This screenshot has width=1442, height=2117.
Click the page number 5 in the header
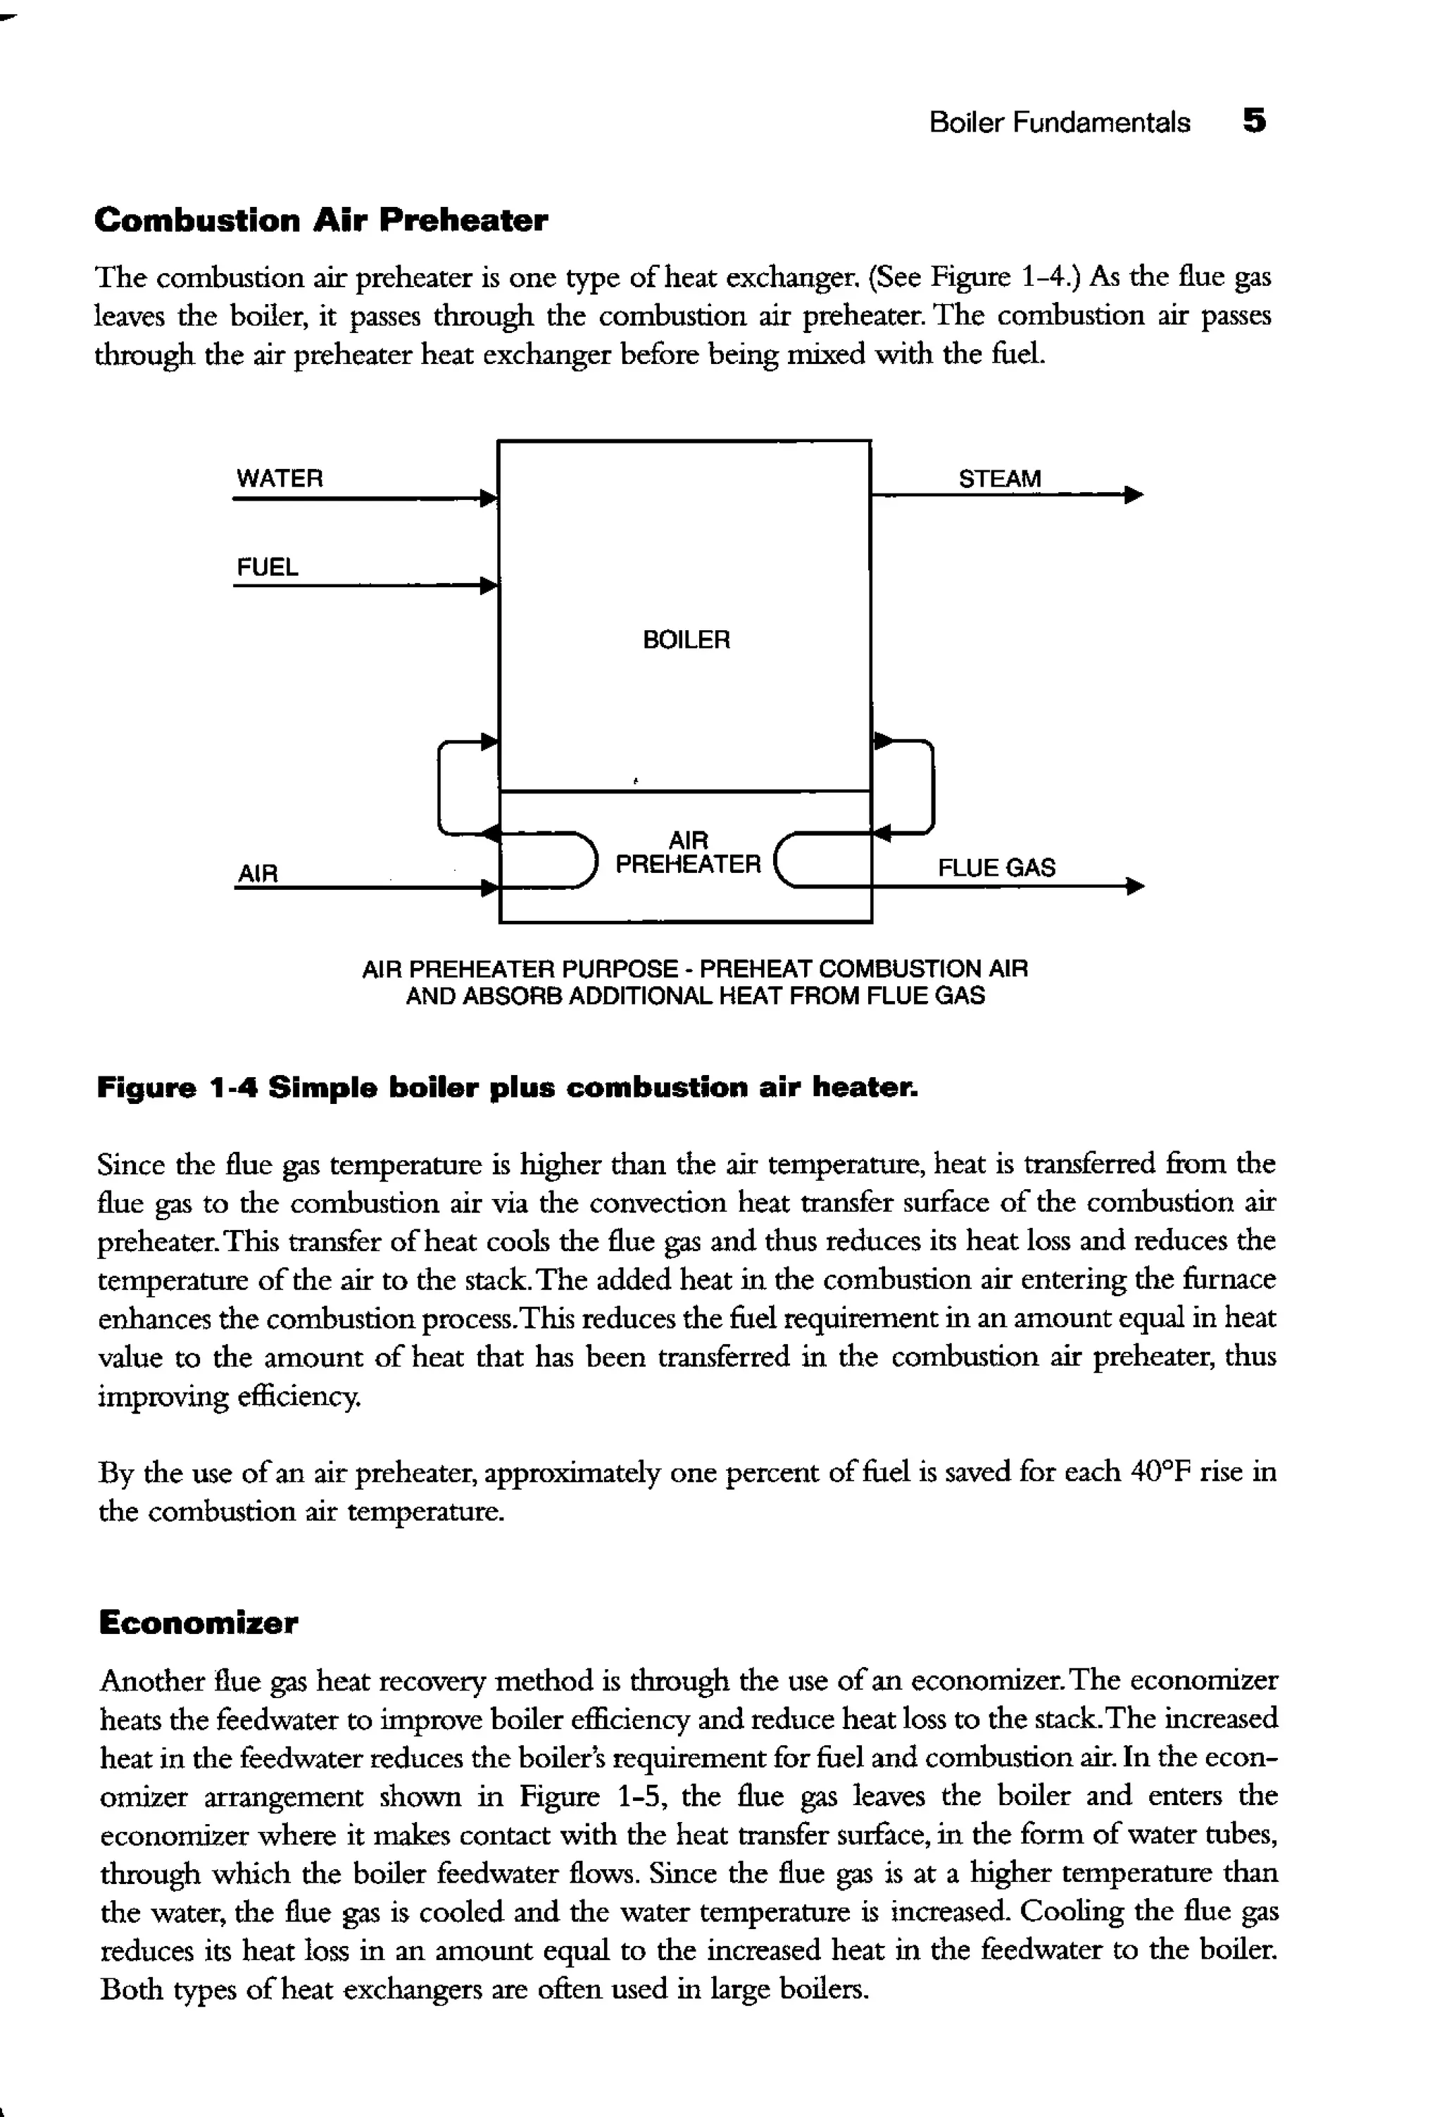click(1253, 121)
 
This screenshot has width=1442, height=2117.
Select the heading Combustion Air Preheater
click(320, 220)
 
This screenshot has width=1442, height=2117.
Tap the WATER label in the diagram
click(279, 478)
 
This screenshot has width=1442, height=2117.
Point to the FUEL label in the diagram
click(267, 567)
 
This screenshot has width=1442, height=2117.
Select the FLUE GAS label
click(996, 867)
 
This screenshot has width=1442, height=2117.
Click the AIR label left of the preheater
click(257, 874)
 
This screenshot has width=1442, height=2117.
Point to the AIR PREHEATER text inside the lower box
click(688, 853)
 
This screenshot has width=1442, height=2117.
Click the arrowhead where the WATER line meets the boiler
click(489, 498)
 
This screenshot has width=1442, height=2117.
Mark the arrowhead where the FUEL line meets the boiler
click(489, 585)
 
